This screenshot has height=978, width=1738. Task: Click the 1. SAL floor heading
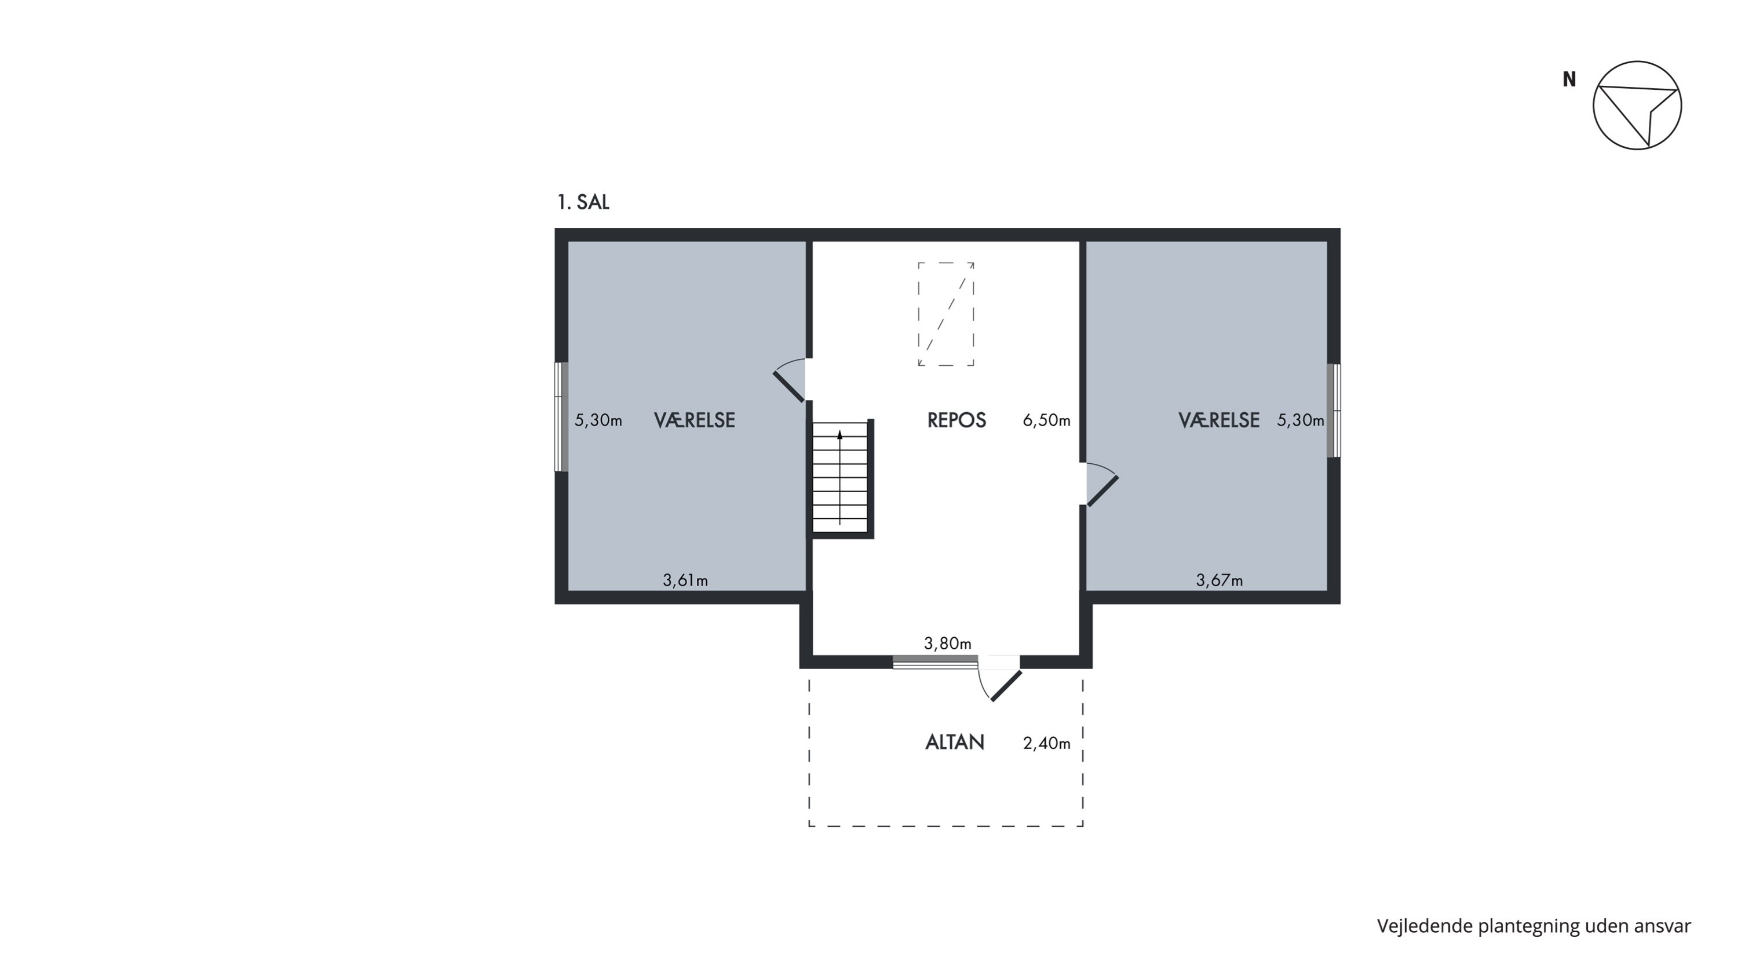pos(583,202)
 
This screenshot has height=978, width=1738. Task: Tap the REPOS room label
pos(956,420)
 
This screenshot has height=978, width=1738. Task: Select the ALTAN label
pos(955,743)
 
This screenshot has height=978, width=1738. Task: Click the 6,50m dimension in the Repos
pos(1046,420)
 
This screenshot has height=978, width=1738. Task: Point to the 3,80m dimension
pos(947,643)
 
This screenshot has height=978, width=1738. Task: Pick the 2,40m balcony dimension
pos(1046,743)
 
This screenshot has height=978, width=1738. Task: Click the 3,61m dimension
pos(685,580)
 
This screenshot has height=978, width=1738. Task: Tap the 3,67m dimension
pos(1219,580)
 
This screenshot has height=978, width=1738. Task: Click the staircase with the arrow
pos(842,478)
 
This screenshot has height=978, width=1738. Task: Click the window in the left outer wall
pos(561,416)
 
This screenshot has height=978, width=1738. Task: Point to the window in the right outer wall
pos(1334,410)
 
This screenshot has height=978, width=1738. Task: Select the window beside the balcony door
pos(935,661)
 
